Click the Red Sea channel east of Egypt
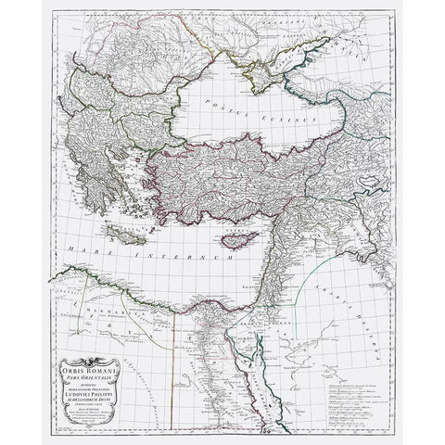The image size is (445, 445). (264, 357)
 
